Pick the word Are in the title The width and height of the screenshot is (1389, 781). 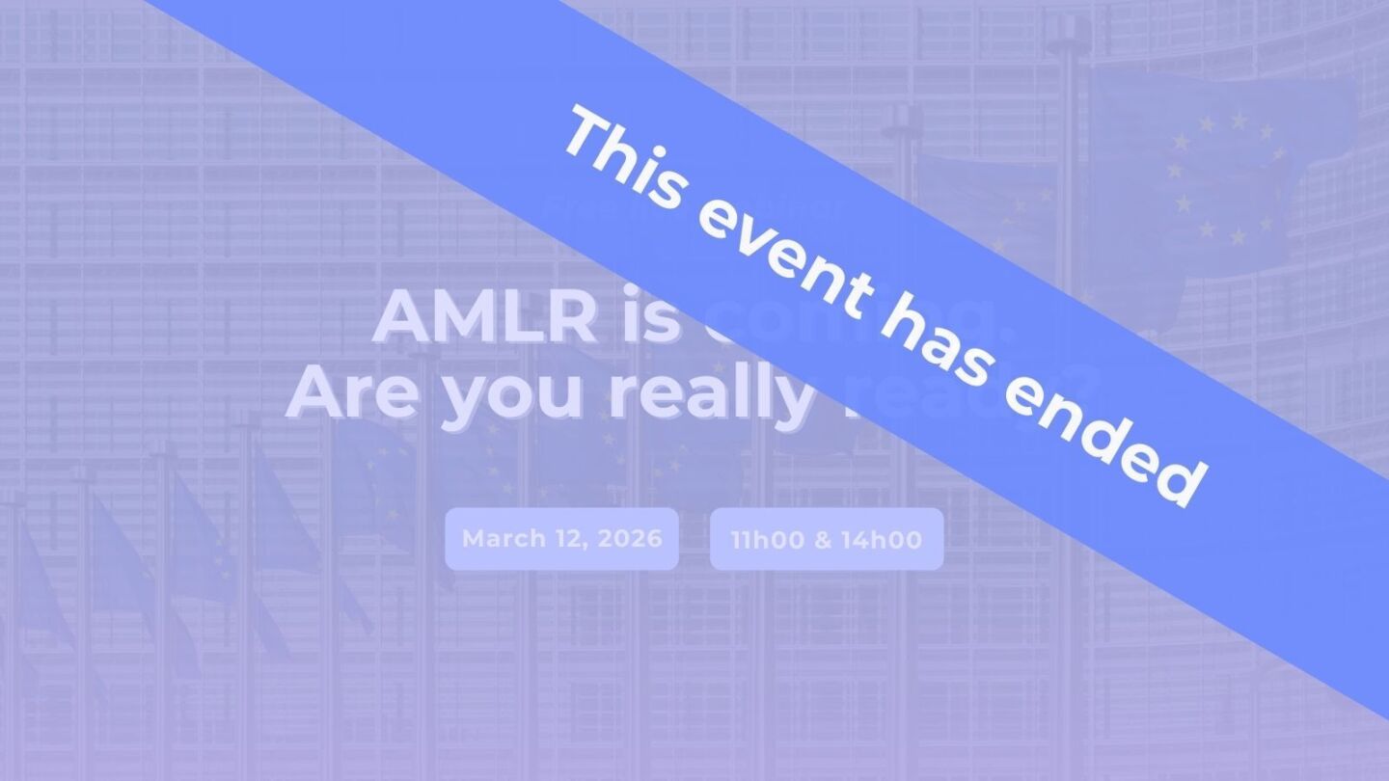click(351, 393)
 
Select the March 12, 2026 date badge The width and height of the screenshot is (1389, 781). click(561, 538)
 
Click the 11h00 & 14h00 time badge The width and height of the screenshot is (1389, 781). click(826, 539)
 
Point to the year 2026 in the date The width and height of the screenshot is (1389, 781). click(630, 538)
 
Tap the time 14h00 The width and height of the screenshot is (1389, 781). click(882, 539)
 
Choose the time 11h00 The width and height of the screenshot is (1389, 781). click(768, 539)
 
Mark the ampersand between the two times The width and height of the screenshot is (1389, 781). click(823, 539)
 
